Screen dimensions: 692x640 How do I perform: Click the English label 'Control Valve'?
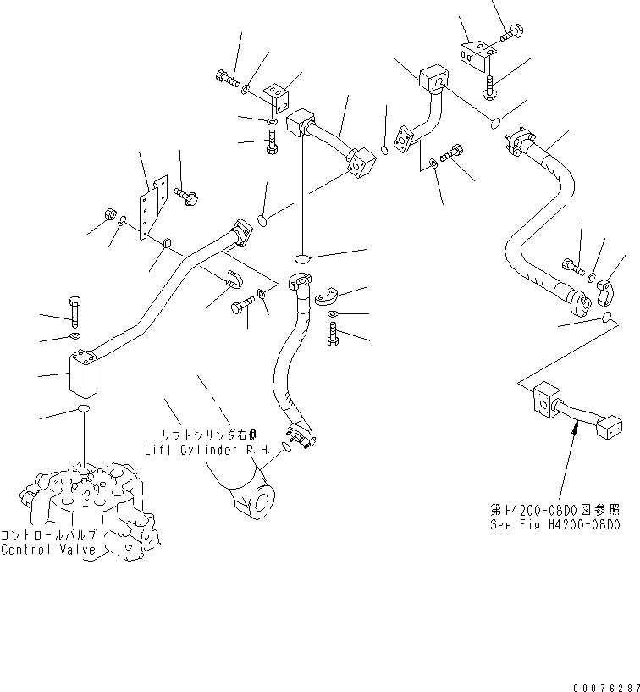[48, 550]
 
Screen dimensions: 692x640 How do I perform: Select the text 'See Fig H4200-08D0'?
[555, 525]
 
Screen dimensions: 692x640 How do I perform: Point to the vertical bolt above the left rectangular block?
[74, 313]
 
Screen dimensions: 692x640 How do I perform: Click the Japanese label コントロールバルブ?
[48, 536]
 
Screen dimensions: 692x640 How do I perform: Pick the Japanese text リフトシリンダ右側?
[208, 435]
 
